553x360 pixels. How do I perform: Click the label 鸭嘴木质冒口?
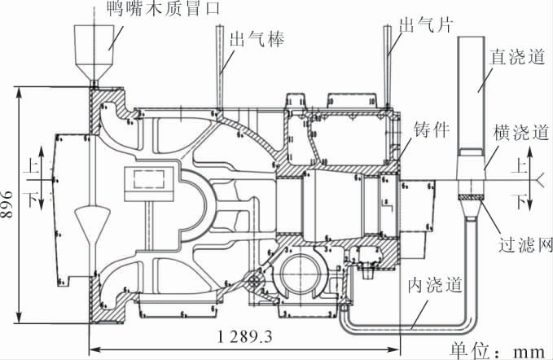(160, 10)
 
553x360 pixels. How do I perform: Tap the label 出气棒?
(257, 39)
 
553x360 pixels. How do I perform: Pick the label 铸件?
(432, 131)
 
